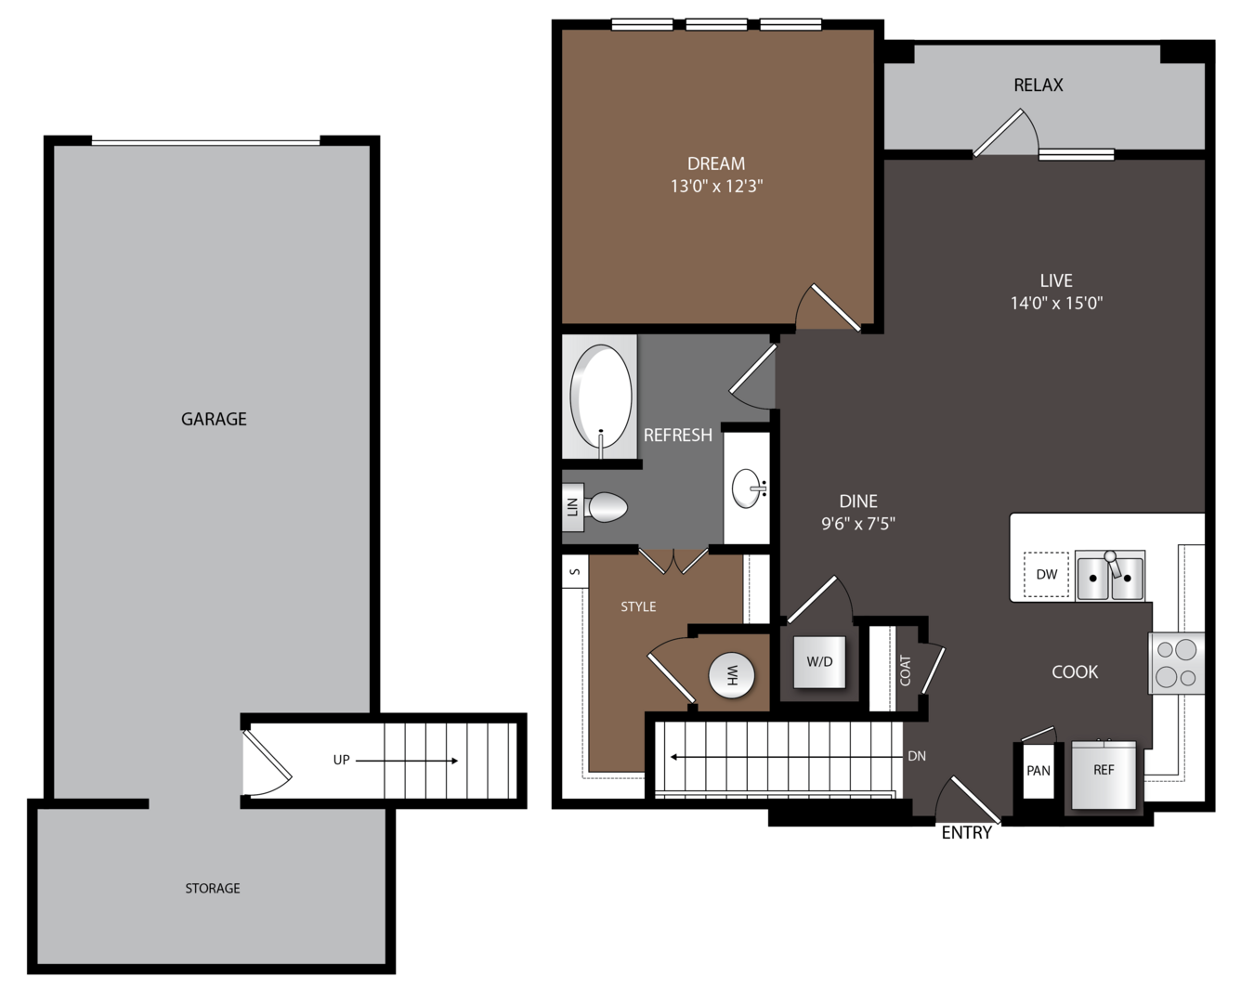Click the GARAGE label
[x=214, y=419]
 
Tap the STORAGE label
[x=212, y=888]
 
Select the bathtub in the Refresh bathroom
[x=600, y=397]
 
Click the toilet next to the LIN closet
[x=606, y=507]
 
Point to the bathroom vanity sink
[x=748, y=488]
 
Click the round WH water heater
[x=731, y=675]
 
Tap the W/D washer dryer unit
[x=819, y=661]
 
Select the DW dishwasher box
[x=1047, y=574]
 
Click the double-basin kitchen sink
[x=1110, y=576]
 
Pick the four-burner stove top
[x=1176, y=663]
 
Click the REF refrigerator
[x=1104, y=775]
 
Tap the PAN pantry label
[x=1039, y=771]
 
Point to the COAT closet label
[x=905, y=671]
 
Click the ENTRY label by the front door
[x=967, y=833]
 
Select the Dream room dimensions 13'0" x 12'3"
[x=716, y=187]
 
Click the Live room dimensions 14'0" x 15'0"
[x=1056, y=303]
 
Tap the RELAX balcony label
[x=1039, y=85]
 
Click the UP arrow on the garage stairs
[x=407, y=761]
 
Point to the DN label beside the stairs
[x=917, y=756]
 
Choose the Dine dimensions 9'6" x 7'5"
[x=858, y=524]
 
